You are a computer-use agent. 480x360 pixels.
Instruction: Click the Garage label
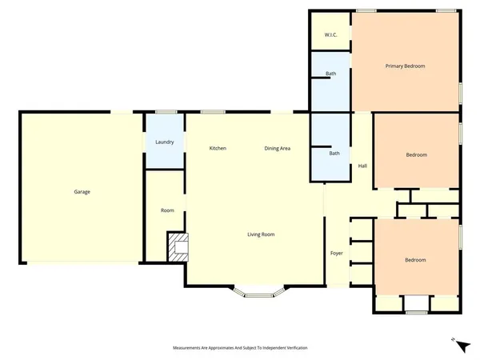coord(82,192)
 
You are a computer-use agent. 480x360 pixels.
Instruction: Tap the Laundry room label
coord(165,142)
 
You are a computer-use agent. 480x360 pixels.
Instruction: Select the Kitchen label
coord(218,149)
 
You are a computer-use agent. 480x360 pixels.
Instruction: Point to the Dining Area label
coord(278,149)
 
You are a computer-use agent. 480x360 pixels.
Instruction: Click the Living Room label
coord(261,234)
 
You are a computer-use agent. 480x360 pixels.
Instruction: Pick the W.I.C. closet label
coord(330,35)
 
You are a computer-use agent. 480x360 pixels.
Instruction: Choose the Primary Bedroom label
coord(405,66)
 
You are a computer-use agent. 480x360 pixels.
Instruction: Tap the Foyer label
coord(337,254)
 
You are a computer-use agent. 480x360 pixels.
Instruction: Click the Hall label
coord(362,166)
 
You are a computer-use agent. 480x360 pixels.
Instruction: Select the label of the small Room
coord(167,210)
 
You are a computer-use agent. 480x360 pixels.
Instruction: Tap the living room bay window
coord(259,295)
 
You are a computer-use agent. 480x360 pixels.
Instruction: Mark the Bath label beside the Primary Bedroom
coord(330,74)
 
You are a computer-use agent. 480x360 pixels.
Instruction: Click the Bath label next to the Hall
coord(334,154)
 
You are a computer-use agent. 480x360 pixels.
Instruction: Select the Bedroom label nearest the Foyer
coord(414,260)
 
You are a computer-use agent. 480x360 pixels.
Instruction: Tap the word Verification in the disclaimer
coord(293,348)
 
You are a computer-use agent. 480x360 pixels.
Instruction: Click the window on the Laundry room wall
coord(166,112)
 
